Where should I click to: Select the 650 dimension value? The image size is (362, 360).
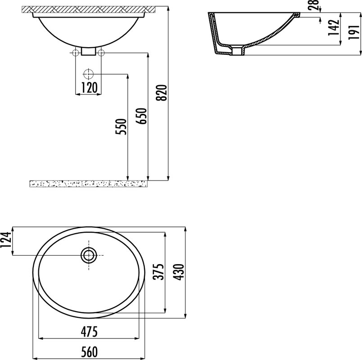coord(142,116)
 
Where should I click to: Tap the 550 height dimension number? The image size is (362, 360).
coord(122,127)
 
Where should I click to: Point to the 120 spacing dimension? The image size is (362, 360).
coord(89,88)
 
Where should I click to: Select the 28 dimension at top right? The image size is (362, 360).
coord(314,5)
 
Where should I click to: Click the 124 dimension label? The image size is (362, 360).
coord(5,240)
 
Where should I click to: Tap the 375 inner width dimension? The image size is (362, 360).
coord(158,272)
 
